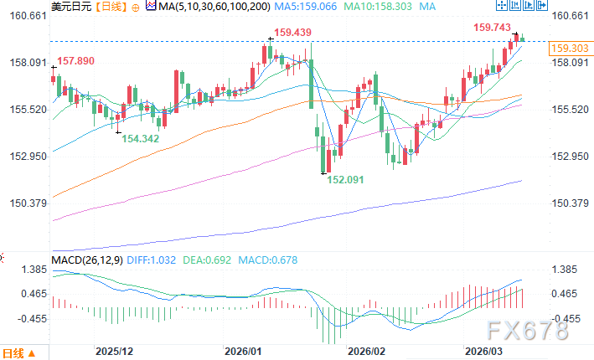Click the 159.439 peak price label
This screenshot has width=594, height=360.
pos(292,33)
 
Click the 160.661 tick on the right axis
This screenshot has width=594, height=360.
pos(570,16)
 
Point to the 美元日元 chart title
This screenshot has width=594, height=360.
pos(71,7)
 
